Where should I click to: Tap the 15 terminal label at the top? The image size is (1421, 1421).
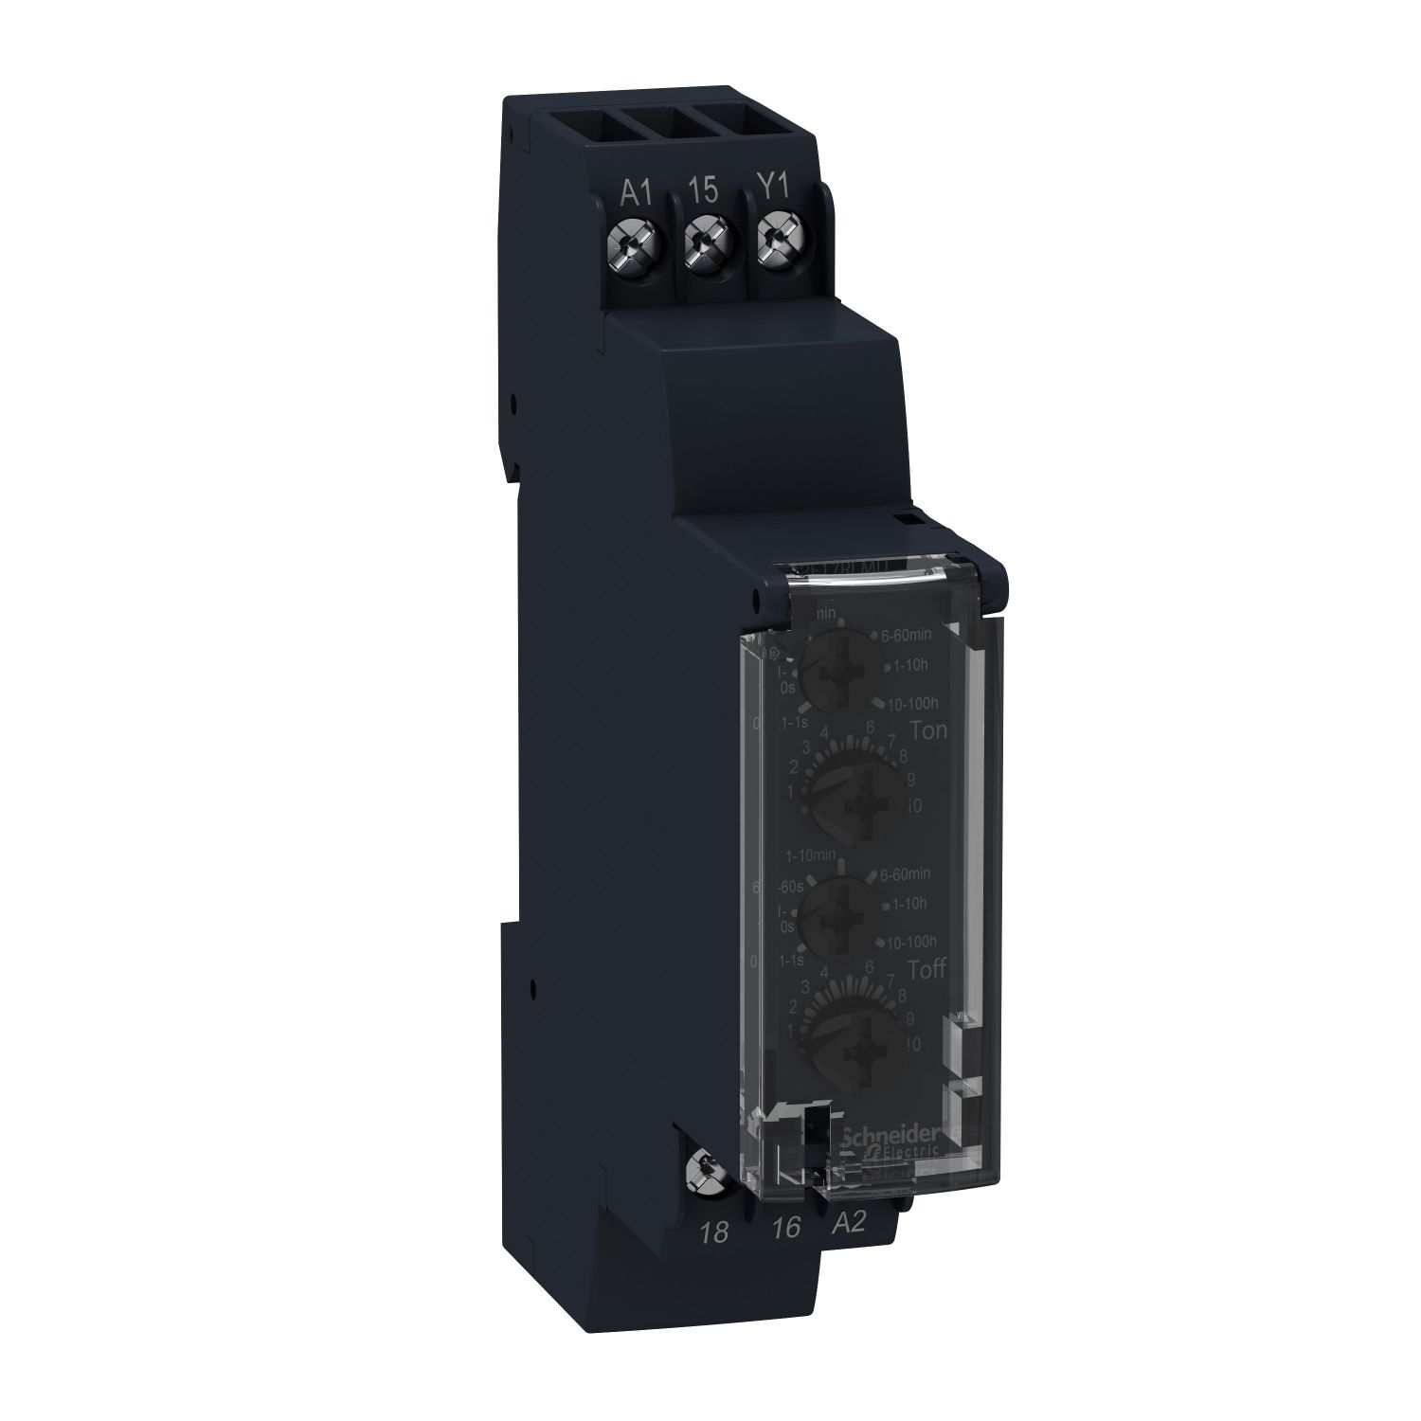pos(703,190)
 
